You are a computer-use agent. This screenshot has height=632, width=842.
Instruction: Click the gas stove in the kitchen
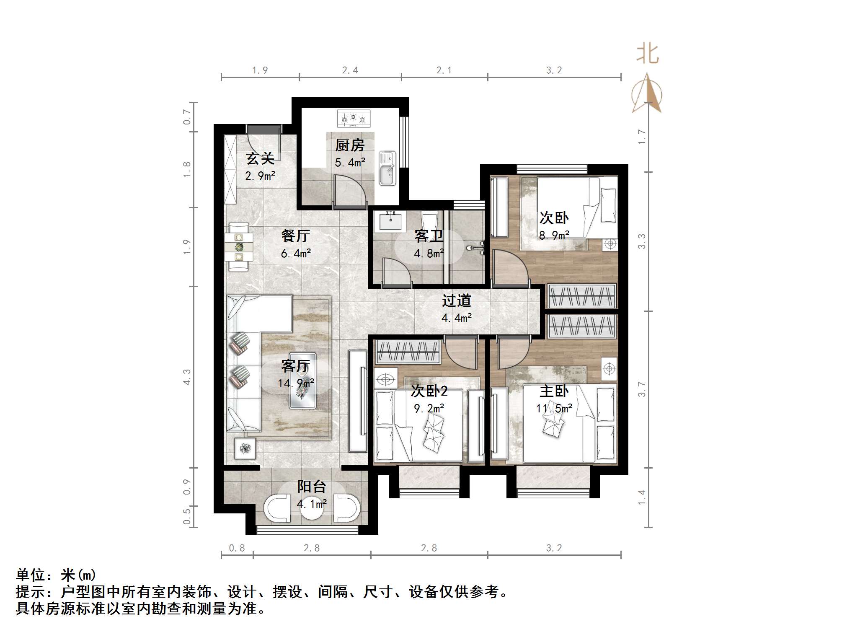354,119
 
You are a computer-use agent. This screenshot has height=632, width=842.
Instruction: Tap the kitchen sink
387,168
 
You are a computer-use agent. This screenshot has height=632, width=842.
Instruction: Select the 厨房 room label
350,145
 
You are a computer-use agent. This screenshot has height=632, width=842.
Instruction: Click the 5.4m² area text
350,162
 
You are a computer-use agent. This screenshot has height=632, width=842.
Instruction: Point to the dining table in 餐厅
239,247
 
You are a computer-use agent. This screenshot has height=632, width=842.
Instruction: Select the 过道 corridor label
457,300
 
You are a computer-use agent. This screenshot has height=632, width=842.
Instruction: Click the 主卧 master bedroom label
554,391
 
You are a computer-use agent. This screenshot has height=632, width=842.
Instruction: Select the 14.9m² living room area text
296,383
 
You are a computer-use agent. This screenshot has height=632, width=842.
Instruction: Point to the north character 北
647,54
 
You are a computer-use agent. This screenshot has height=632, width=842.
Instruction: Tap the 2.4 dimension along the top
350,70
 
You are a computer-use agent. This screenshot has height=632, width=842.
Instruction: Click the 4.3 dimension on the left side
187,377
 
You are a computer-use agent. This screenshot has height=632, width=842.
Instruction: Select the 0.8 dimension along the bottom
237,548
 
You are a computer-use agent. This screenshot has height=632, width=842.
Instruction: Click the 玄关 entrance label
260,159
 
